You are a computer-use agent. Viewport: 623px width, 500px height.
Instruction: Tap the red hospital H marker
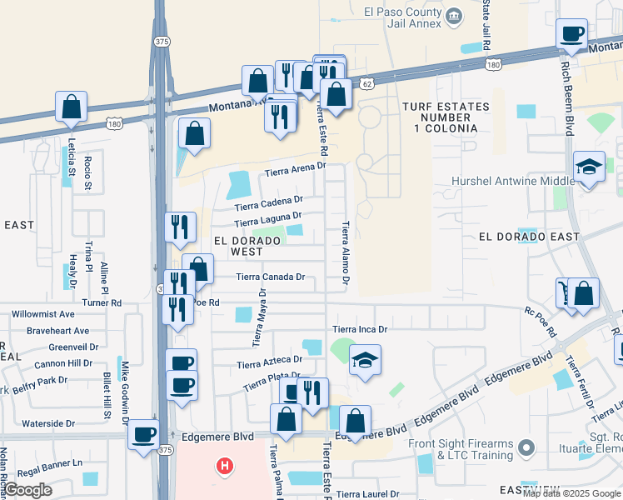click(x=223, y=465)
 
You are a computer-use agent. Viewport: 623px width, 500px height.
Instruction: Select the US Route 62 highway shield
click(x=366, y=83)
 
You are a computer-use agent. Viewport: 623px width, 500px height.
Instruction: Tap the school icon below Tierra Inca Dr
click(x=365, y=361)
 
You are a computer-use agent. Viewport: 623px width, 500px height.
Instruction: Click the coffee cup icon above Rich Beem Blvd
click(x=571, y=35)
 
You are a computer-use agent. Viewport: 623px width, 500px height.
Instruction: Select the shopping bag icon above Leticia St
click(x=72, y=107)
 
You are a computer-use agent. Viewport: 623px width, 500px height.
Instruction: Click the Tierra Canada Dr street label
click(x=271, y=277)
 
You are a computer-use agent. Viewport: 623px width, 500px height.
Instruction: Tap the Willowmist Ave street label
click(x=42, y=315)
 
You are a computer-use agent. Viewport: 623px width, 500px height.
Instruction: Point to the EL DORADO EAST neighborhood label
click(x=529, y=237)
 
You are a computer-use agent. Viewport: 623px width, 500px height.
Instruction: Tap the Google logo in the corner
click(x=28, y=490)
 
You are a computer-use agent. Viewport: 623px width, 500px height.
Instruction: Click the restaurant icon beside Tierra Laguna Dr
click(x=180, y=227)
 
